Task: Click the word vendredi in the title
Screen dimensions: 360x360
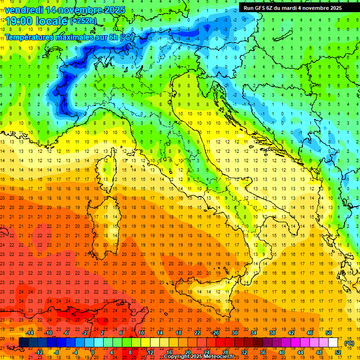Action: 24,9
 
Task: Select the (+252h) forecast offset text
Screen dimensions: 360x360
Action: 83,21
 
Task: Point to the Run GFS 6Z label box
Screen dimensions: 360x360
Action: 293,7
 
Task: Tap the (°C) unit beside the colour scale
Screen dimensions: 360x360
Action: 349,343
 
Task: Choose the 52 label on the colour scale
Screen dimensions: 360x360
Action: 338,352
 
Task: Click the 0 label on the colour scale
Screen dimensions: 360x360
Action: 93,352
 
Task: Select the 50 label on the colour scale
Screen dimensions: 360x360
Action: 329,333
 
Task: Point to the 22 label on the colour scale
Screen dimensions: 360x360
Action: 197,333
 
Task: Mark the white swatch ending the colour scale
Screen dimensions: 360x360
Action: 333,343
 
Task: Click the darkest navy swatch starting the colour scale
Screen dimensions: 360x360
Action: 24,343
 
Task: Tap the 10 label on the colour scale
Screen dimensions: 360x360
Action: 141,333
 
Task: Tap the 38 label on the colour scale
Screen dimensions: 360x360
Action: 272,333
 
